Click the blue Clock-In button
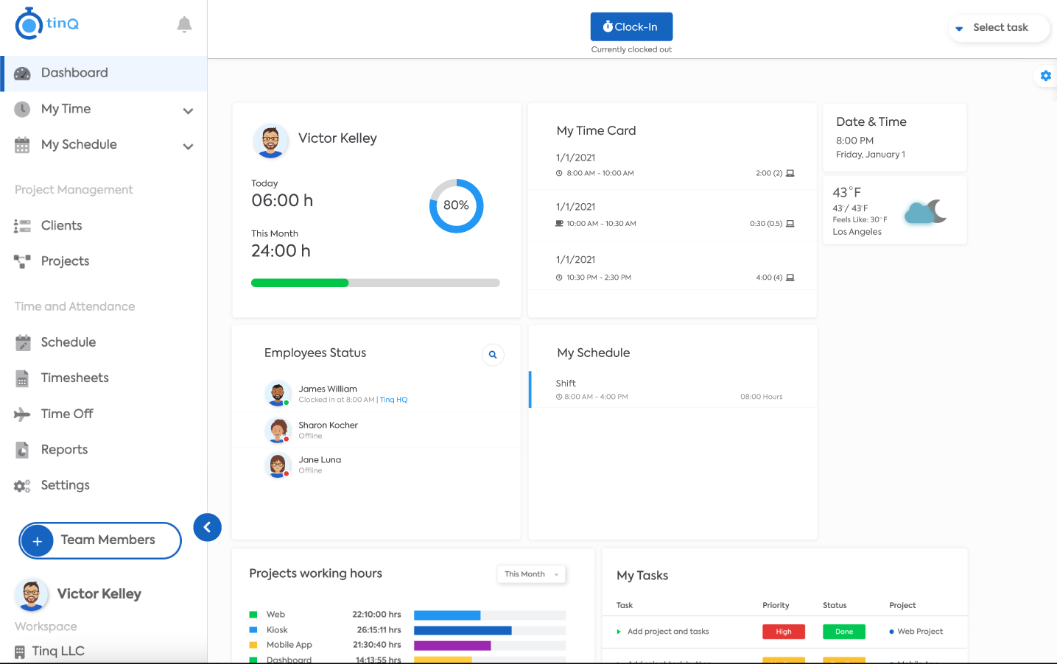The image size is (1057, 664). click(631, 27)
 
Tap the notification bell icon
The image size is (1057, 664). click(184, 25)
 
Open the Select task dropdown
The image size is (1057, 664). click(999, 28)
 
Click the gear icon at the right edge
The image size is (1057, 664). click(1045, 76)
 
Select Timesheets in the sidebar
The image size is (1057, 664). click(74, 378)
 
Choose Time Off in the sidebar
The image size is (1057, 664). click(67, 414)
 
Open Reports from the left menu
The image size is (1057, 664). click(64, 450)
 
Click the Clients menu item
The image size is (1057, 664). click(61, 225)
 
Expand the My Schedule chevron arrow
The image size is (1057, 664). click(188, 146)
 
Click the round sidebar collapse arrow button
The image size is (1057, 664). click(207, 527)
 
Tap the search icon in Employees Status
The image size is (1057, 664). click(493, 355)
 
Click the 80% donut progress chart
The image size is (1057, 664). click(456, 205)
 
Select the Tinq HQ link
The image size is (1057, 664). click(393, 400)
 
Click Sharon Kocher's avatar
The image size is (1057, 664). click(278, 430)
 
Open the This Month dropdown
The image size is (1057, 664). click(531, 574)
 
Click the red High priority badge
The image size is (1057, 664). click(783, 632)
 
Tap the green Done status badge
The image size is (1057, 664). click(843, 632)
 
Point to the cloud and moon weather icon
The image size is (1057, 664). click(924, 212)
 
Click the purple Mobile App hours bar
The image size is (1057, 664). click(452, 646)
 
